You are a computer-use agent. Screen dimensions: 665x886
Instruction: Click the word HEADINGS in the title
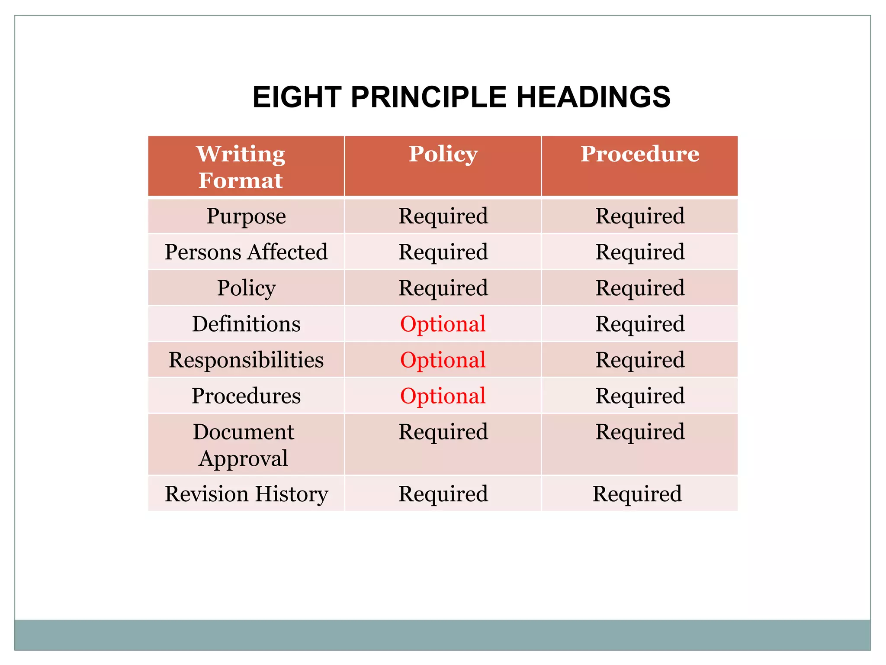[593, 97]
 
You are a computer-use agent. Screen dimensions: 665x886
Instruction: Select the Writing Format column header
[241, 167]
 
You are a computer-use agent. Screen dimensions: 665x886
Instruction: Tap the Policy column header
[443, 154]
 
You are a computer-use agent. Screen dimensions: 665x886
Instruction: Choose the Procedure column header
[639, 154]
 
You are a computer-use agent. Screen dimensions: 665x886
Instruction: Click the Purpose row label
[246, 216]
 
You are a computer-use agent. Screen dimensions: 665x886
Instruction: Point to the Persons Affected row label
[246, 252]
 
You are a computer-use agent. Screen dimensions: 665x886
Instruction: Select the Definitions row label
[246, 324]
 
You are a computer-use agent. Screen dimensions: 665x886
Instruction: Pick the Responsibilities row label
[246, 360]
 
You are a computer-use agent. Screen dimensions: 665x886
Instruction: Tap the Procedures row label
[246, 396]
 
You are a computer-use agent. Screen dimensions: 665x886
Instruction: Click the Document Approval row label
[243, 445]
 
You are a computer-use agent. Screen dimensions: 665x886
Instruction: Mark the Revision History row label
[246, 494]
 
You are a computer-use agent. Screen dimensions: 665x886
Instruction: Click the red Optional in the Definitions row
[443, 324]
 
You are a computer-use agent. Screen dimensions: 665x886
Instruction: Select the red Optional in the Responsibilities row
[443, 360]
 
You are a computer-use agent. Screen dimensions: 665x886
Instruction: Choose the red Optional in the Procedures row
[443, 396]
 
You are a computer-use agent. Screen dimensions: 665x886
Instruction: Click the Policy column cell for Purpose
[443, 216]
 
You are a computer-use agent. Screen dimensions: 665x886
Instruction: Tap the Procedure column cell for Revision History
[637, 494]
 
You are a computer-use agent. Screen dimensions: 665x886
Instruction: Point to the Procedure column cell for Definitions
[640, 324]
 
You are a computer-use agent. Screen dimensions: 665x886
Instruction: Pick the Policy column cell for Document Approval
[443, 432]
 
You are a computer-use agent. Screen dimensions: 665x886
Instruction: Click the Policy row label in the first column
[246, 288]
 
